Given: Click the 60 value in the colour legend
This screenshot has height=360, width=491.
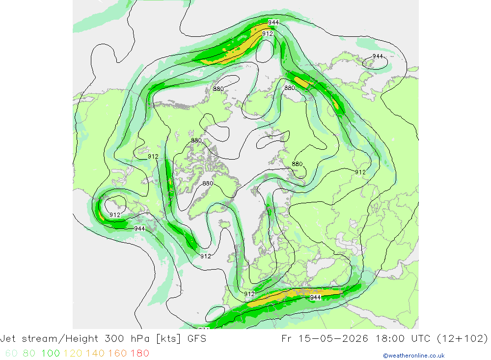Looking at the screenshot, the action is click(11, 354).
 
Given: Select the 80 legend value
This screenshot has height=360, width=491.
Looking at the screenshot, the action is click(29, 354).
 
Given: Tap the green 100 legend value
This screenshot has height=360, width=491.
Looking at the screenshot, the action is click(51, 354).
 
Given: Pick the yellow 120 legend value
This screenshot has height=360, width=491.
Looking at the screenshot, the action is click(73, 354).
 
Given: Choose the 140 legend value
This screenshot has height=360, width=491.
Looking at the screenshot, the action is click(95, 354).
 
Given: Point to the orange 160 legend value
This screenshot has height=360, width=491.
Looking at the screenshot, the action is click(117, 354).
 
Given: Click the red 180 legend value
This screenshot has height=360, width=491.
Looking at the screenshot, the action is click(139, 354).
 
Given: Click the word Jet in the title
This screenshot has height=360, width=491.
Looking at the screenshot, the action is click(8, 339).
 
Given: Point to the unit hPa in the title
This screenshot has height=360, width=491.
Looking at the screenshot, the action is click(140, 339).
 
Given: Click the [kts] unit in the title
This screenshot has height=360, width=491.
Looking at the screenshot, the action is click(168, 339).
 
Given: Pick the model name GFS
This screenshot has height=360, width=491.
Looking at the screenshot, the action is click(197, 339).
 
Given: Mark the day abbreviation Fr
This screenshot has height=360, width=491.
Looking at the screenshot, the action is click(287, 339).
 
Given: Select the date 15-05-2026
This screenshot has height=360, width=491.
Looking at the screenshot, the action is click(333, 339).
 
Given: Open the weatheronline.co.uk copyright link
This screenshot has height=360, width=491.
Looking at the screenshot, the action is click(413, 356).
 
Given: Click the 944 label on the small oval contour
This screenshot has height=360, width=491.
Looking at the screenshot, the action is click(378, 56).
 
